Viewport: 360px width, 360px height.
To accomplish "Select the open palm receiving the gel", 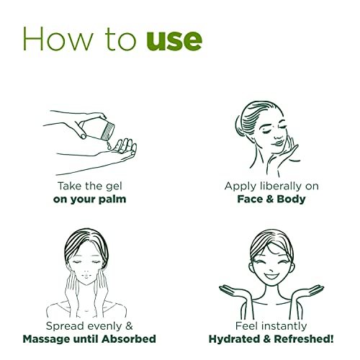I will [x=119, y=150].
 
